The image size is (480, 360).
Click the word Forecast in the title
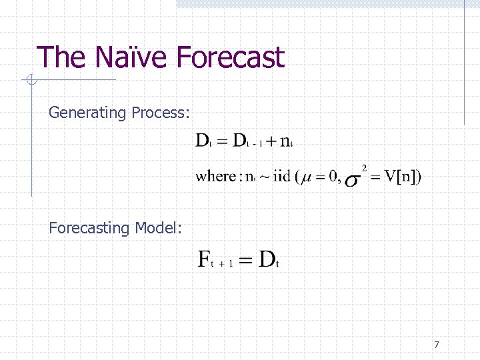tap(231, 57)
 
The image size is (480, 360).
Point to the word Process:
tap(161, 113)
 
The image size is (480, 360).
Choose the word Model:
tap(159, 228)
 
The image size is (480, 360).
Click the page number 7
tap(436, 345)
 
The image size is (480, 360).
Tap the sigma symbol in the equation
tap(353, 181)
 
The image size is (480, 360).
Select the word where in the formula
tap(215, 177)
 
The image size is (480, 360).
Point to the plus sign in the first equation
tap(271, 141)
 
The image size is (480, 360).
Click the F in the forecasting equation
tap(205, 259)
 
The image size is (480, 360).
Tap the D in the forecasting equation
tap(266, 259)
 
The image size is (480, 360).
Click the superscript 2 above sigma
tap(364, 167)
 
